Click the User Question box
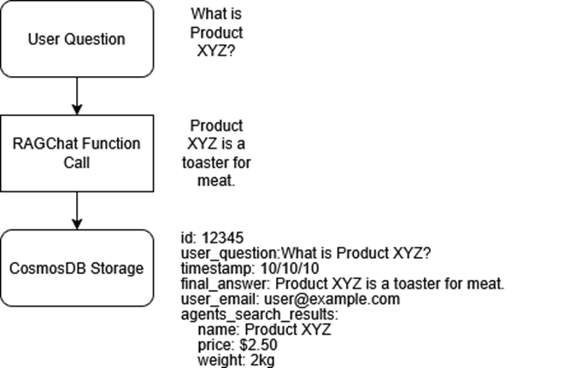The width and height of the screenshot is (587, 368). [76, 39]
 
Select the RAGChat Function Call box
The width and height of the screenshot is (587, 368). [76, 153]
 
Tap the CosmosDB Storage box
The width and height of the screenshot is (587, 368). [76, 268]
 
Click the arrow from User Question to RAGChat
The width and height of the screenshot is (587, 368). [77, 96]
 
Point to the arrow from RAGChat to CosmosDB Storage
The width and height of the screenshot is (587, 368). [77, 210]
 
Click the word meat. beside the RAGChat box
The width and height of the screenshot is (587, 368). [216, 181]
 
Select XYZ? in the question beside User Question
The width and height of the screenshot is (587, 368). [216, 51]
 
